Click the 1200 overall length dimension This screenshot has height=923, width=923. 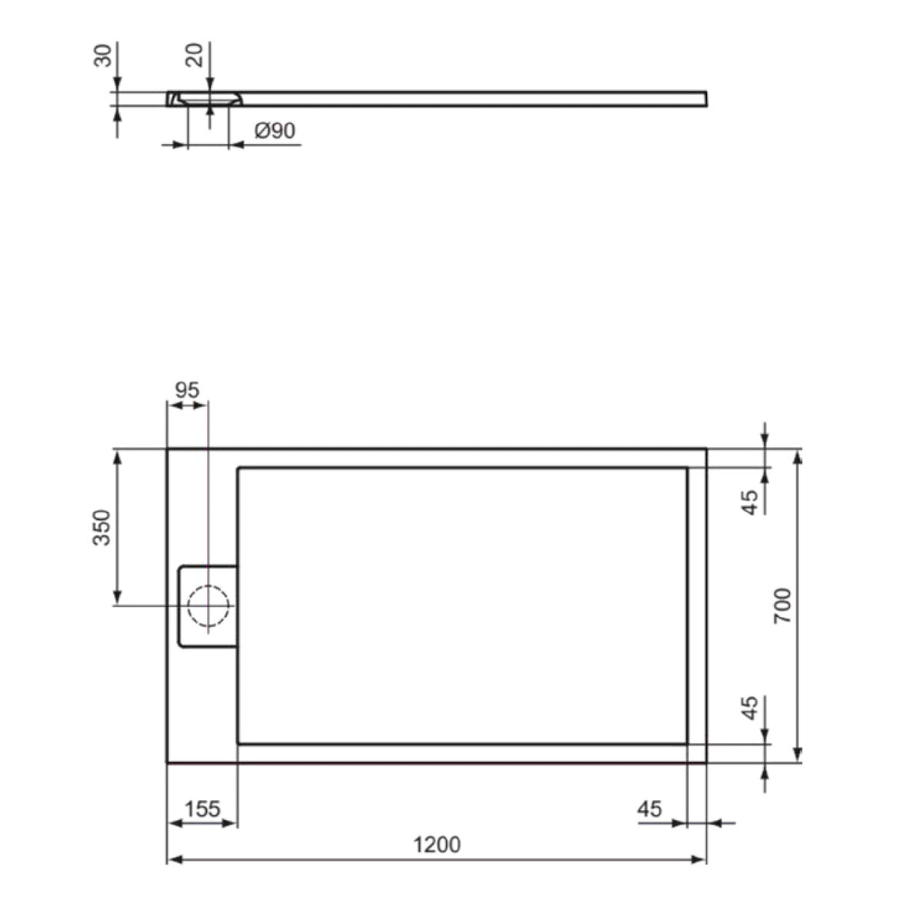(x=437, y=845)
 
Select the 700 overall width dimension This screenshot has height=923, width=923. (x=783, y=605)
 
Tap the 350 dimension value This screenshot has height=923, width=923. (x=102, y=528)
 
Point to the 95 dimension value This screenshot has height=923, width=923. (x=187, y=391)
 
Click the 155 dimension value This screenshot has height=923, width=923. (x=202, y=809)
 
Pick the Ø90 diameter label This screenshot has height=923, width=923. (x=275, y=130)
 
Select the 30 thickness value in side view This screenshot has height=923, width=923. (x=102, y=55)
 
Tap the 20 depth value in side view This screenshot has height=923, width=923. (x=194, y=55)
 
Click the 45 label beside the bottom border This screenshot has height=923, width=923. (x=750, y=708)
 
